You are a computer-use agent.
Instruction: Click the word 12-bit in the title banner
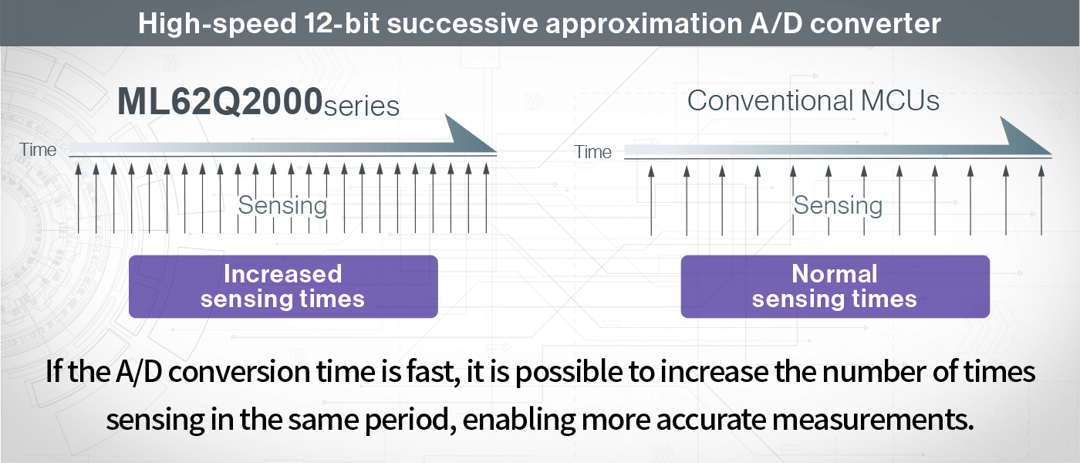point(342,23)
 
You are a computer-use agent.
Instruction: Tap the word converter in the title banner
point(875,23)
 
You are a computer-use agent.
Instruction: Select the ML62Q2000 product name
point(219,102)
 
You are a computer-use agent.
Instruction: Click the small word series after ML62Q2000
point(362,106)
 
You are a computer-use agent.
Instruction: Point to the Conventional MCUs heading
point(813,100)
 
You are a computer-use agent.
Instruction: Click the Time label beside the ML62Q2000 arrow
point(38,150)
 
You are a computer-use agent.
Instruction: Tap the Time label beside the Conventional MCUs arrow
point(592,152)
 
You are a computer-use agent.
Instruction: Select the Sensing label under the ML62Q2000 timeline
point(282,205)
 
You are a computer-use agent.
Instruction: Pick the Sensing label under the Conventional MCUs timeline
point(838,205)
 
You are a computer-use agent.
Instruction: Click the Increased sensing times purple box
point(284,286)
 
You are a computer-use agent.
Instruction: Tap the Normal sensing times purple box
point(835,286)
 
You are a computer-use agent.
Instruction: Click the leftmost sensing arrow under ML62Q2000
point(79,198)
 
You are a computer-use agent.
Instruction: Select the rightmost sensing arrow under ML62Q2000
point(486,198)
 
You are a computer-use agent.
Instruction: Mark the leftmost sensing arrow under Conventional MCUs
point(651,201)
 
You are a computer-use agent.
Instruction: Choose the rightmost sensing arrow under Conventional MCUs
point(1041,201)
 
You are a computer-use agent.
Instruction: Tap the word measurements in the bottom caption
point(873,420)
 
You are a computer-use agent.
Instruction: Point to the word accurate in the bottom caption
point(711,420)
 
